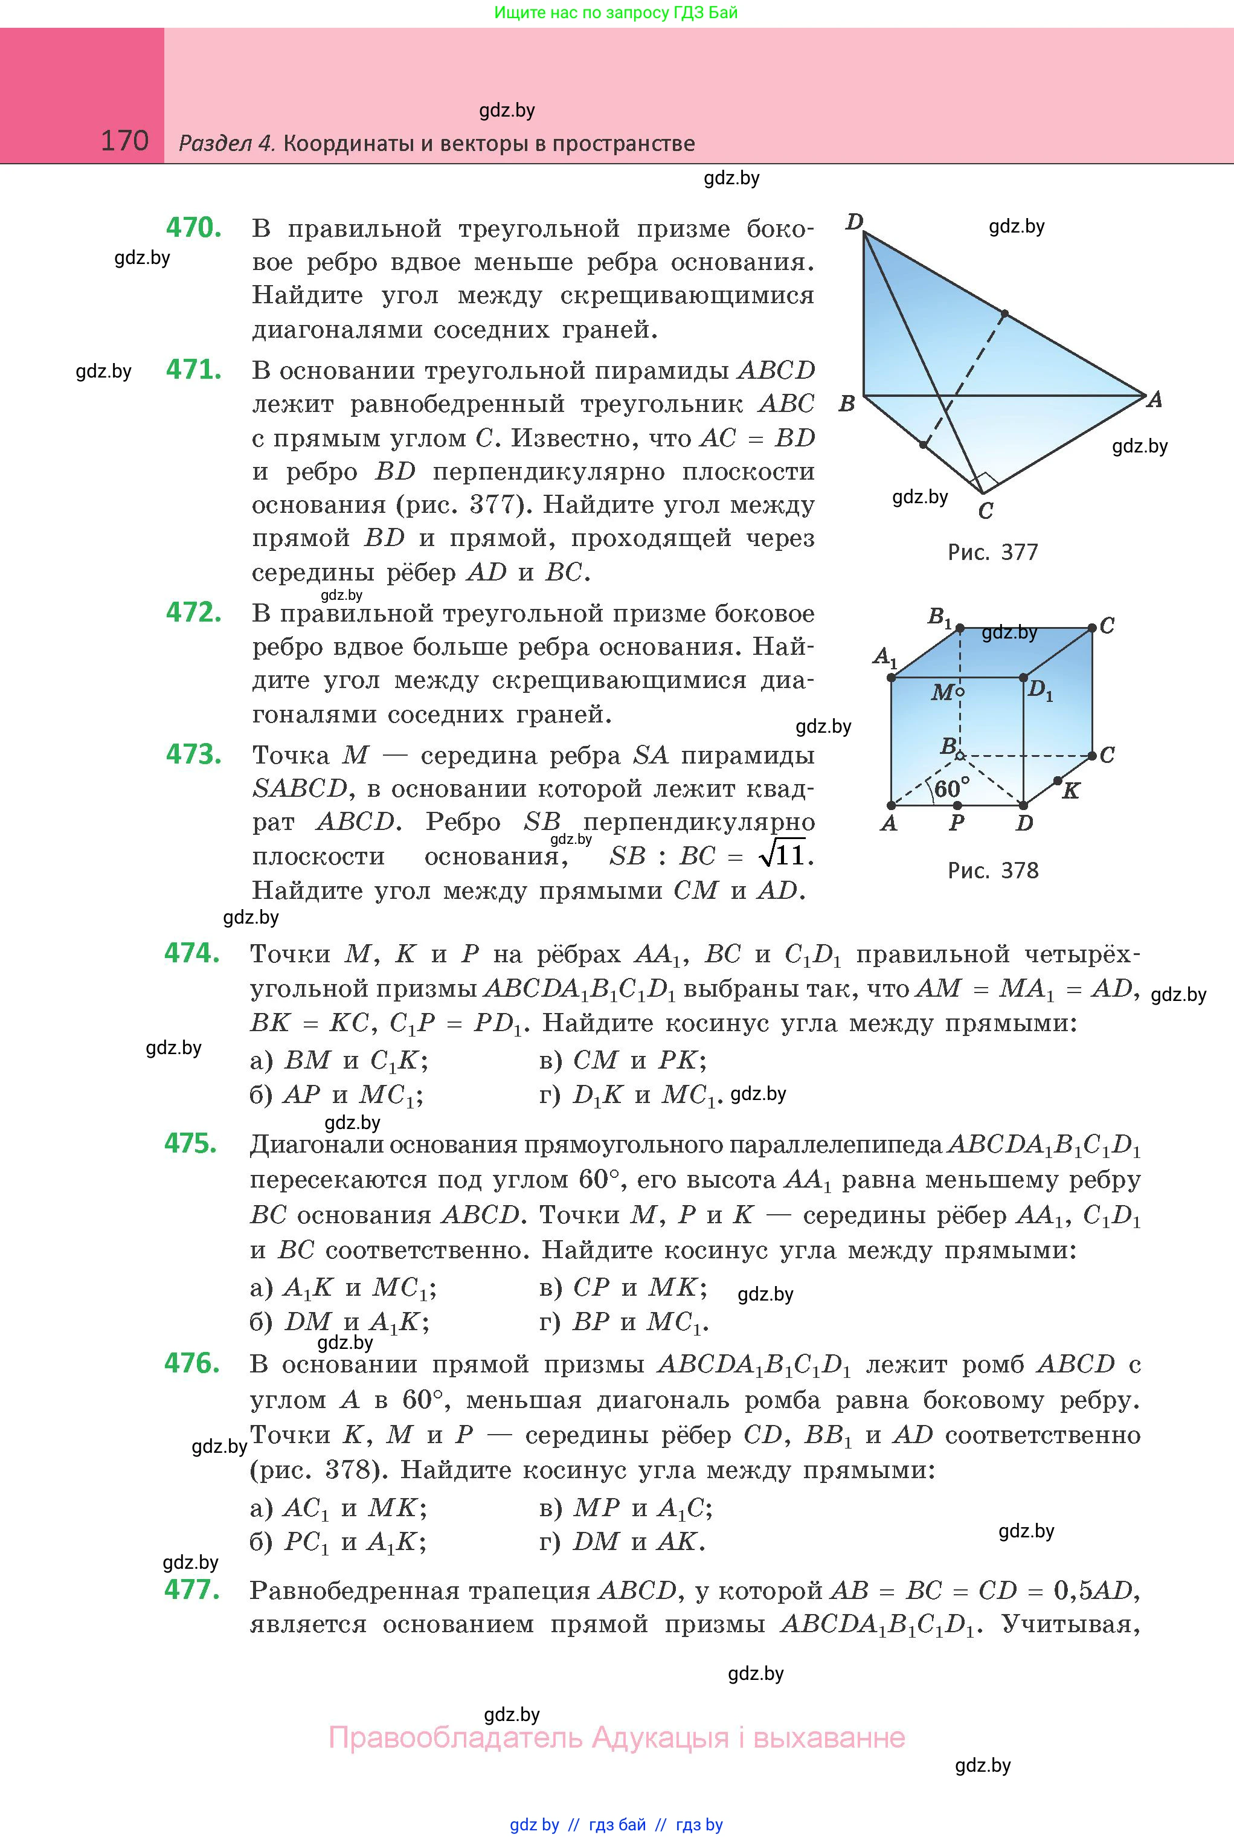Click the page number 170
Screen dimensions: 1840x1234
(124, 141)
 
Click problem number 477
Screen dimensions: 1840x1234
(191, 1590)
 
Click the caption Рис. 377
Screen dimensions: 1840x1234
(992, 553)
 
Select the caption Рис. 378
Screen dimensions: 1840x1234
(992, 870)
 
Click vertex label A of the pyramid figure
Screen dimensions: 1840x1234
(1154, 400)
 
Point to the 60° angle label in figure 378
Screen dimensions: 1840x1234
(951, 788)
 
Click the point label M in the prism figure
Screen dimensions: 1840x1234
(942, 692)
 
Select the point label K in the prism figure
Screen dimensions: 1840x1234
(1070, 791)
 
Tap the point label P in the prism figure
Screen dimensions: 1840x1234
(956, 823)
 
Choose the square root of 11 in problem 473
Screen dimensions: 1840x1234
(782, 855)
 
